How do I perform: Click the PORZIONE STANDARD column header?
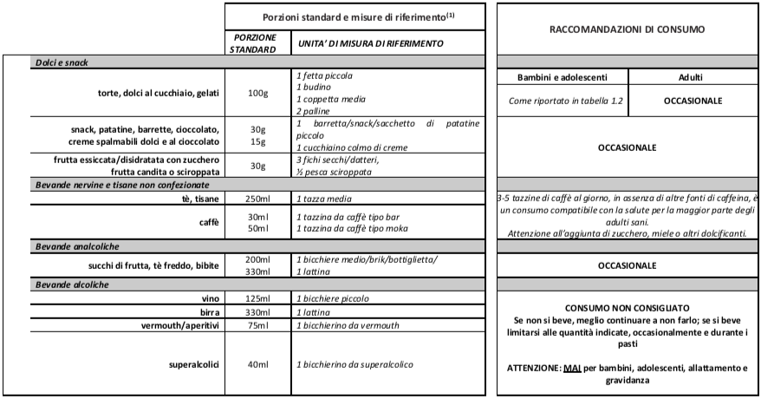pyautogui.click(x=255, y=43)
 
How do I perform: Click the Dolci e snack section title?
pyautogui.click(x=63, y=62)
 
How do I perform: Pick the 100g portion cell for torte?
pyautogui.click(x=257, y=94)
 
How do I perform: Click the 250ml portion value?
pyautogui.click(x=257, y=199)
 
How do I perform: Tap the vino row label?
pyautogui.click(x=209, y=298)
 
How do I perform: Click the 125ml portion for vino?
pyautogui.click(x=257, y=298)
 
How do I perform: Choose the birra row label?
pyautogui.click(x=208, y=311)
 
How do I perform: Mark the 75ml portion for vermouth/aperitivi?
pyautogui.click(x=257, y=325)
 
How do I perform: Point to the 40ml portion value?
pyautogui.click(x=257, y=363)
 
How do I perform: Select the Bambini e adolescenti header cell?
pyautogui.click(x=559, y=79)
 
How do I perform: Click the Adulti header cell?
pyautogui.click(x=692, y=79)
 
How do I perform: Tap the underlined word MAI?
pyautogui.click(x=570, y=369)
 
